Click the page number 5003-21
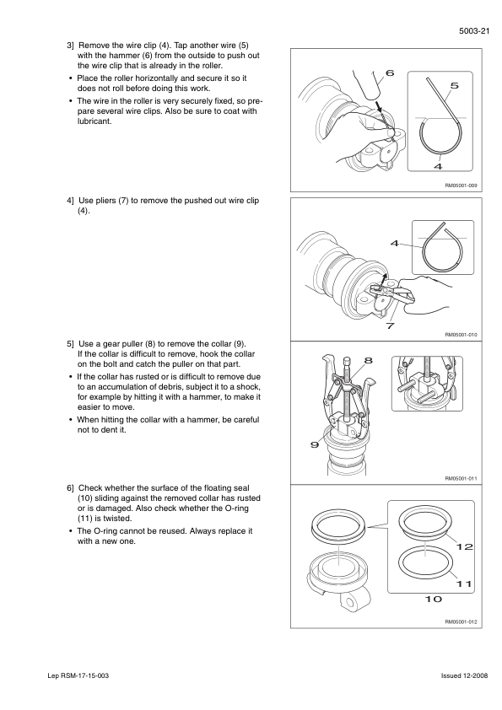474,31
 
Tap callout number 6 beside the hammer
389,73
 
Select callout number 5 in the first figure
455,85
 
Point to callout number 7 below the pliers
390,325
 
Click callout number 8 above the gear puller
369,360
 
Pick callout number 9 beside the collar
315,444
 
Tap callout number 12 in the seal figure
464,547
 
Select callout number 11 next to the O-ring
463,584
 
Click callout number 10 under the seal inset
433,599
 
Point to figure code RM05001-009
461,186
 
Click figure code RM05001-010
461,335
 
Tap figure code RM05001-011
461,478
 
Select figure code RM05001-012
461,621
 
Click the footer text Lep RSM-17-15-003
78,675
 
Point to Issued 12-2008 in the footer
464,675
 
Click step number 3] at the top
70,46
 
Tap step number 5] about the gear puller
70,344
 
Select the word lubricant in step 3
94,121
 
